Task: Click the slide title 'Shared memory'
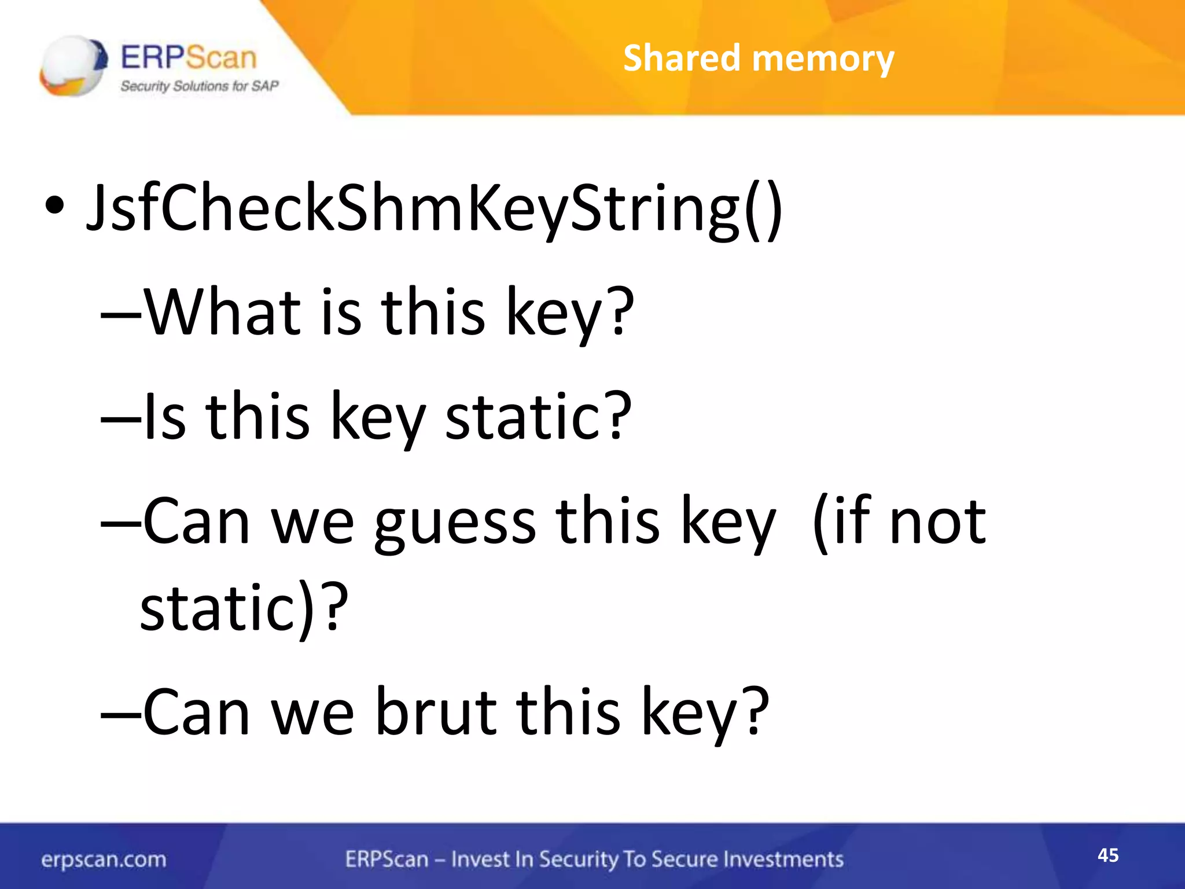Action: (x=759, y=58)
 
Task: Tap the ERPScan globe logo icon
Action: (x=73, y=65)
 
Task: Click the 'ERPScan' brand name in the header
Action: (x=189, y=57)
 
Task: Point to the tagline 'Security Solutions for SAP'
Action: (x=199, y=86)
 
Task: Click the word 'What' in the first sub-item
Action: (x=222, y=312)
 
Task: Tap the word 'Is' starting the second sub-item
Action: (x=164, y=417)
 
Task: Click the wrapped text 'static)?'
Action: (x=244, y=608)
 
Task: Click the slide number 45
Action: (x=1108, y=855)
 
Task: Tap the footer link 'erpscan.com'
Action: (x=104, y=859)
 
